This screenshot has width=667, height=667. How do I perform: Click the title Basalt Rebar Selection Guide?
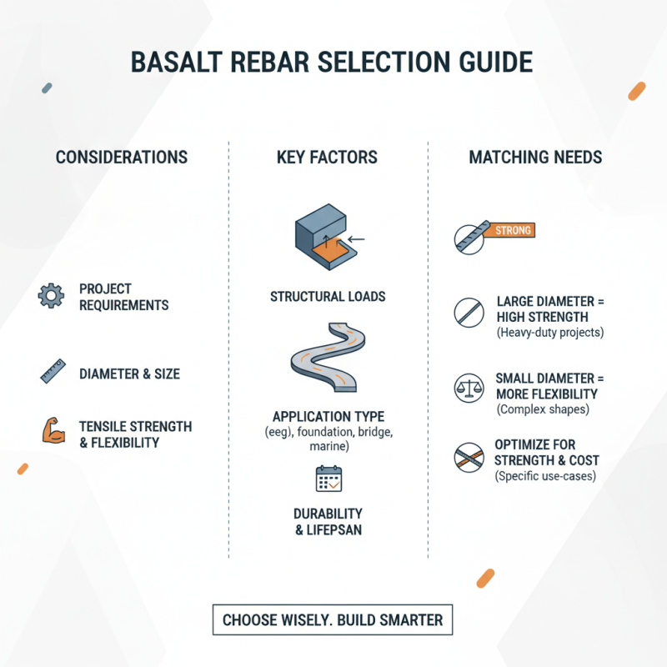pos(333,64)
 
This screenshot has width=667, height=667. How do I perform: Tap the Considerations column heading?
pos(122,158)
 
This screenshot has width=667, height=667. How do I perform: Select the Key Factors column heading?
pos(328,158)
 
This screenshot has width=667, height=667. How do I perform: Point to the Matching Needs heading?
pos(535,158)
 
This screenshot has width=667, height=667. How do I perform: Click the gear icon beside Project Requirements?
pos(51,296)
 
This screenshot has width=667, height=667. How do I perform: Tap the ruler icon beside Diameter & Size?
pos(53,371)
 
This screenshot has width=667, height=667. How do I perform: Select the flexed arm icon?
pos(53,430)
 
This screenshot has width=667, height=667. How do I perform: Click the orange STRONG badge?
pos(512,231)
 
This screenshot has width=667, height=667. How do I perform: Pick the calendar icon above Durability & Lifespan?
pos(328,479)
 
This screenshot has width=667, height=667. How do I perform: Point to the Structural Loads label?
pos(328,296)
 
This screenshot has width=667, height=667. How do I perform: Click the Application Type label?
pos(328,415)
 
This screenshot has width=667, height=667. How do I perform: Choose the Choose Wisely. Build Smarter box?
pos(332,620)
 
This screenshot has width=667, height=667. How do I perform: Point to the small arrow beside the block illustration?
pos(357,240)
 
